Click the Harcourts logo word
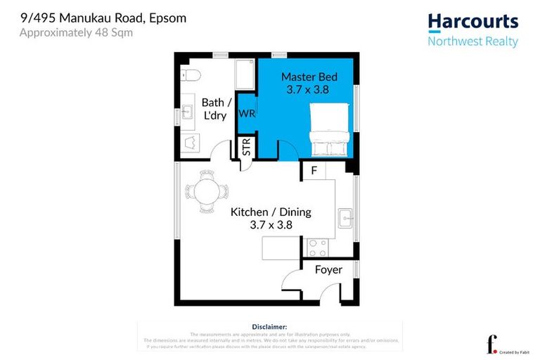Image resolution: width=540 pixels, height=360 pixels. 472,22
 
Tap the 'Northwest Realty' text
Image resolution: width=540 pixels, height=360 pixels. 472,41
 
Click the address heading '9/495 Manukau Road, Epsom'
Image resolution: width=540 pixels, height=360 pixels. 103,18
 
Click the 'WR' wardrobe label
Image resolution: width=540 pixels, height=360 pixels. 246,113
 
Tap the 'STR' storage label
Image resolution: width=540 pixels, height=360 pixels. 247,148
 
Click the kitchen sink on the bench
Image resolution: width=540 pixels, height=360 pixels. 345,217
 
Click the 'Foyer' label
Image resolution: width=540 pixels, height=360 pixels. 328,270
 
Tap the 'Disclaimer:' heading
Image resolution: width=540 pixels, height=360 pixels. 269,327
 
